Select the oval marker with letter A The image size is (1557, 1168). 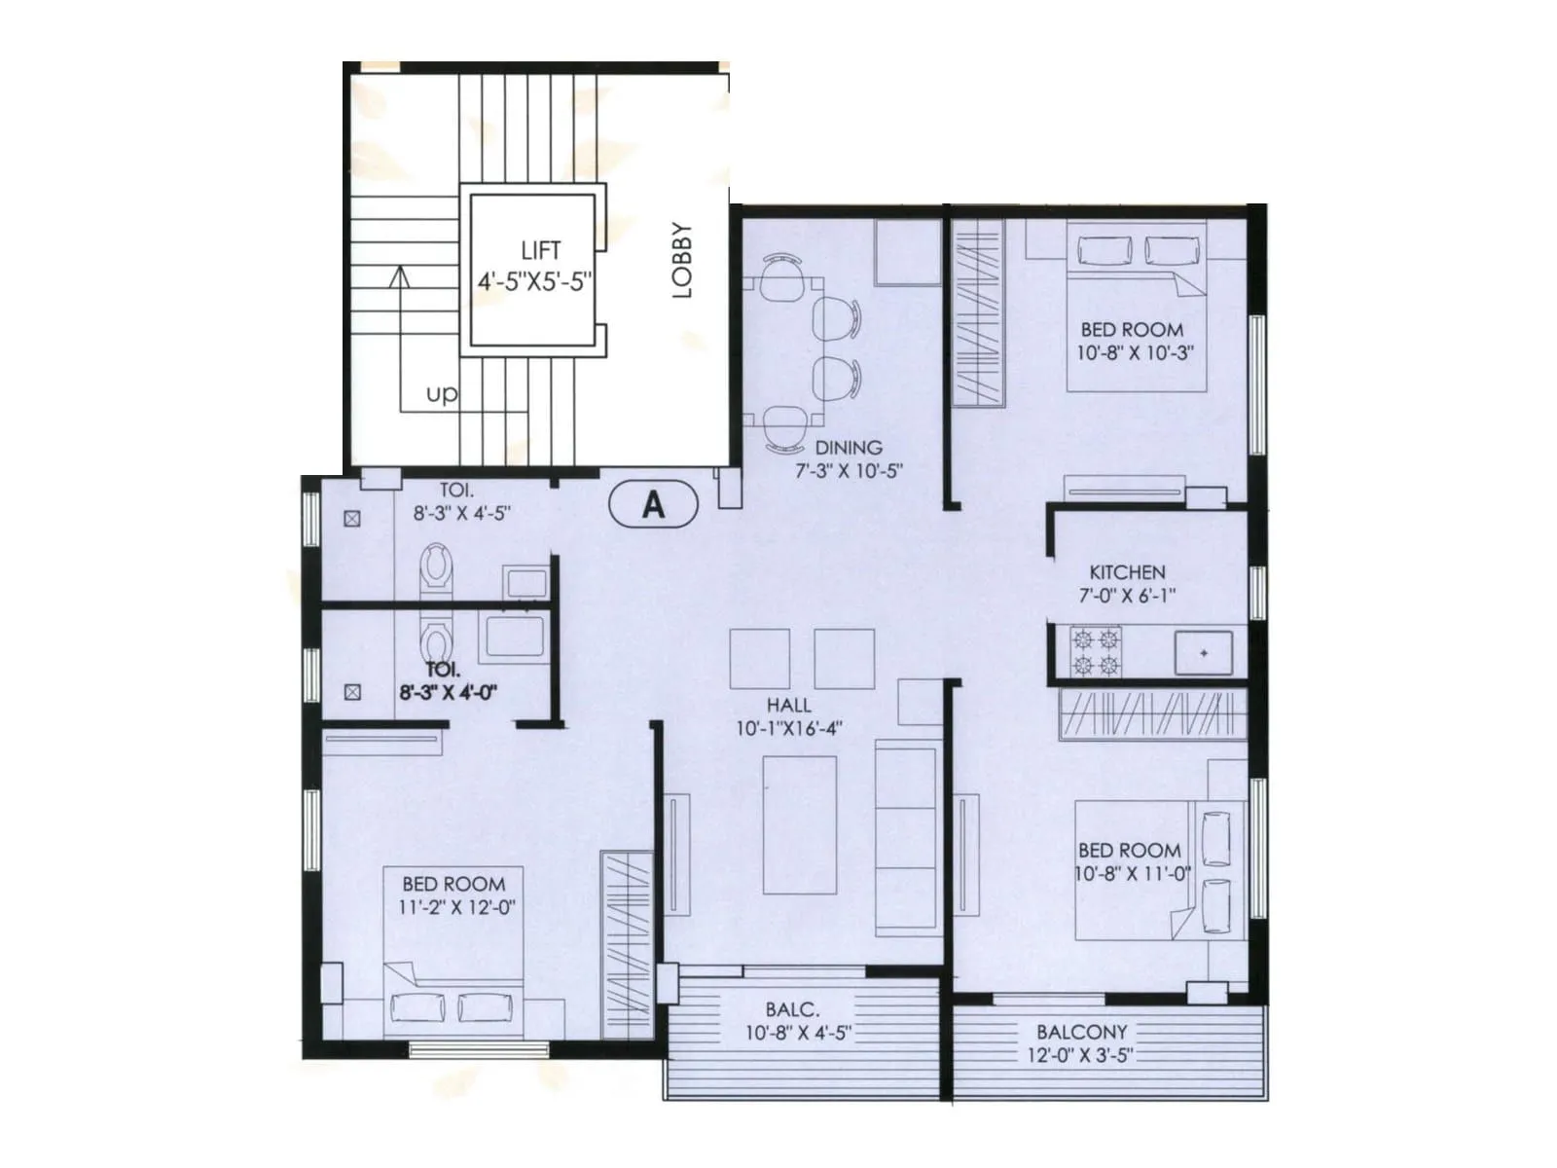click(653, 504)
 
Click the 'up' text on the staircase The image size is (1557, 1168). click(441, 394)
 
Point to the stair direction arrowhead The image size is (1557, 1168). click(398, 276)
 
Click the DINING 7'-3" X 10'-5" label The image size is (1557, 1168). click(849, 459)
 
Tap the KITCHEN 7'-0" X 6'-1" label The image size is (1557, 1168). click(1127, 583)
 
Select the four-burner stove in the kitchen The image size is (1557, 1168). click(1096, 652)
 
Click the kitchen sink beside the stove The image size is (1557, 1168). click(1204, 652)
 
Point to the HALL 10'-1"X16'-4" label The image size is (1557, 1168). click(788, 716)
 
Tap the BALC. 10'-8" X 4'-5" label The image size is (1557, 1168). click(797, 1021)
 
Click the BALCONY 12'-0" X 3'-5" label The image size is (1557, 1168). click(1081, 1042)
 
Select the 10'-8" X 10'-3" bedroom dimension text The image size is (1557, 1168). click(1134, 352)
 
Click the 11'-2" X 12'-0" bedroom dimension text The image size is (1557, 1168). click(456, 907)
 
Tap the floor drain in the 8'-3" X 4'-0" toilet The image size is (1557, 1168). click(352, 692)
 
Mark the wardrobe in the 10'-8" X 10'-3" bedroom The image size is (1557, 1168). click(977, 313)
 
